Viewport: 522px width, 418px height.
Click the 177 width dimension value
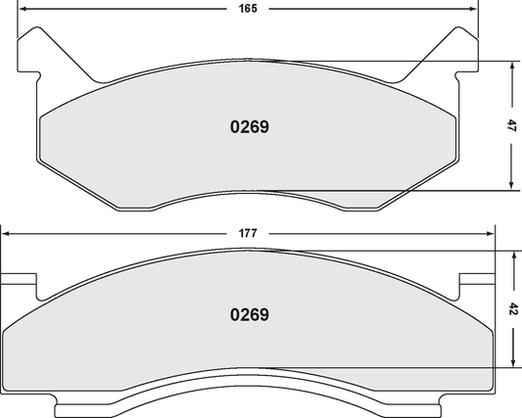247,233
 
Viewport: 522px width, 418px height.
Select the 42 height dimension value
514,308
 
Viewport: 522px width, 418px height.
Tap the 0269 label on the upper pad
249,126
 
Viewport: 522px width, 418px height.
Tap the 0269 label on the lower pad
249,315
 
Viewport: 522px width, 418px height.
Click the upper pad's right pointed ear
460,47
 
